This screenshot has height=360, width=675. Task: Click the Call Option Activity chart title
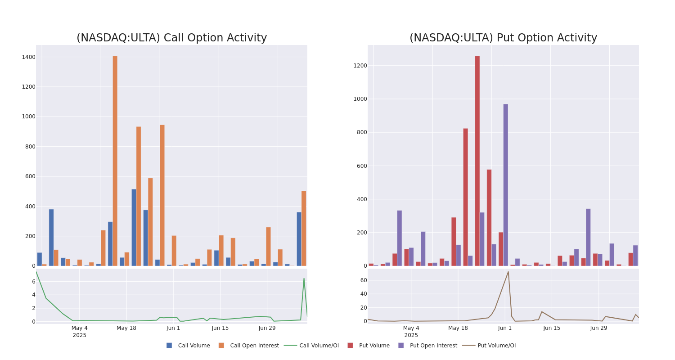[x=171, y=38]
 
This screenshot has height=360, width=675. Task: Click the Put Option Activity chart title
[x=503, y=38]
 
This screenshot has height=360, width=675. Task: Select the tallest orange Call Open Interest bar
[x=115, y=161]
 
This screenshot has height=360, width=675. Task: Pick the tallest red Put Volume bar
[x=477, y=161]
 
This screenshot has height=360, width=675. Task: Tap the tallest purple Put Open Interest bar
[x=506, y=184]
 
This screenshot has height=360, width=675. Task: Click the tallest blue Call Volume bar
[x=134, y=227]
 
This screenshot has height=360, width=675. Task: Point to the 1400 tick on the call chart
[x=28, y=57]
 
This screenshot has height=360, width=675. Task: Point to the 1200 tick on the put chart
[x=360, y=66]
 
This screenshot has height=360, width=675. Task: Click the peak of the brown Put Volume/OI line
[x=508, y=272]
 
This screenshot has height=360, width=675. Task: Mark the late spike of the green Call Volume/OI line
[x=304, y=279]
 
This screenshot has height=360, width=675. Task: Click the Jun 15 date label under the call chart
[x=220, y=328]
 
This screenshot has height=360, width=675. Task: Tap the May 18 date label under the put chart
[x=458, y=328]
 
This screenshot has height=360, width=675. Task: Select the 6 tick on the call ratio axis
[x=33, y=282]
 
